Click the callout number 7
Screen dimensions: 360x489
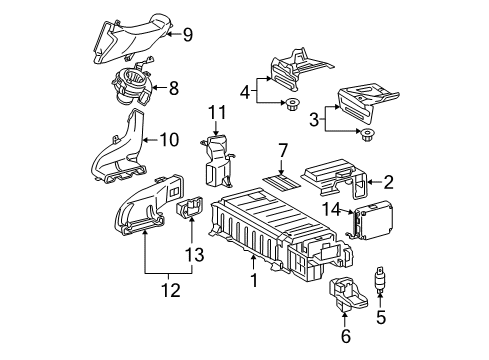pos(283,150)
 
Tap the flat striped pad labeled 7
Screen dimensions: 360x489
pos(279,181)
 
